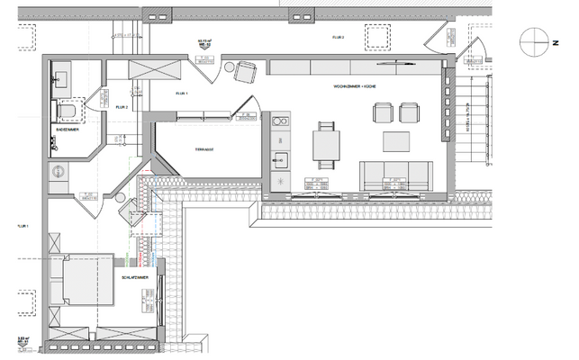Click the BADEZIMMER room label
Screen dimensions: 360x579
[x=67, y=130]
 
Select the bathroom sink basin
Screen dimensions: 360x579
[x=62, y=77]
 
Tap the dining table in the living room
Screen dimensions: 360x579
[x=326, y=144]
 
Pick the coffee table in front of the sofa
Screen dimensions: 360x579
[x=397, y=141]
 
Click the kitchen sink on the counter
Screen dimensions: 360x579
[x=279, y=163]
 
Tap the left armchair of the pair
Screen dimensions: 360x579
[x=383, y=112]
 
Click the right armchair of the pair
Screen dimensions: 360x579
[x=409, y=112]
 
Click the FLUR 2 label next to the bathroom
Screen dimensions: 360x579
[x=122, y=107]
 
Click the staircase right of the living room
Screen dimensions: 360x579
[x=470, y=117]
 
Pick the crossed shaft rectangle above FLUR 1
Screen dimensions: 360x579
[x=144, y=70]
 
